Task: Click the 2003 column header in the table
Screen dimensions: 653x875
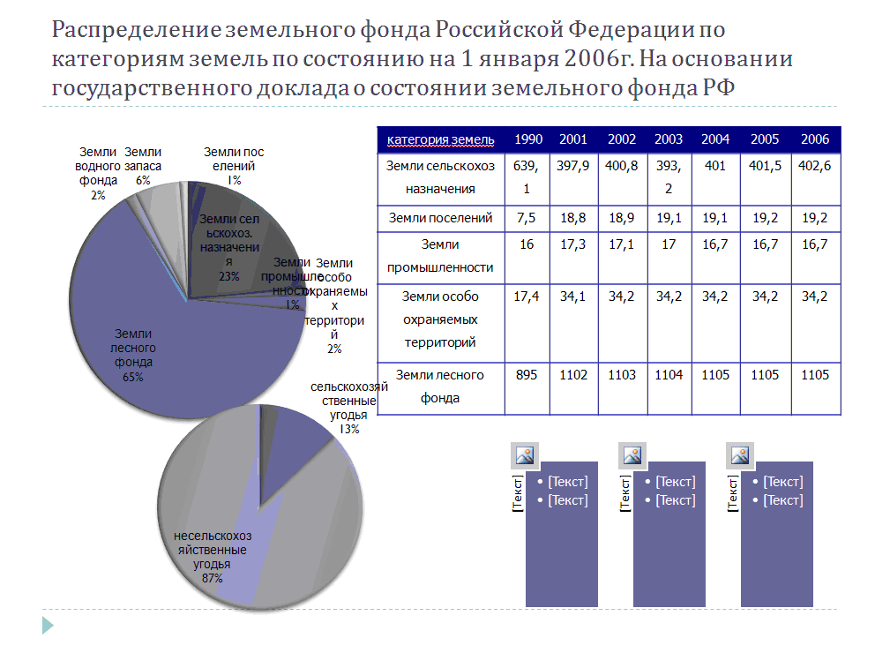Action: (x=669, y=139)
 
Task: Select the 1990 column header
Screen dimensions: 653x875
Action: (x=528, y=139)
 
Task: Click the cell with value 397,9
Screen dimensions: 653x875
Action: (x=573, y=167)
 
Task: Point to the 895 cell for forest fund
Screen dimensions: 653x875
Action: (x=527, y=375)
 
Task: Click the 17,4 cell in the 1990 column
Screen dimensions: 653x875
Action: (x=527, y=296)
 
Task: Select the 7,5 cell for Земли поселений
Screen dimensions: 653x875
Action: (x=527, y=218)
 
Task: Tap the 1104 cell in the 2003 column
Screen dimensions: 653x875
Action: (x=669, y=375)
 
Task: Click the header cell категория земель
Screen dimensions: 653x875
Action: (x=440, y=139)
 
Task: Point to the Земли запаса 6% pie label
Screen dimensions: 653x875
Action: (x=143, y=165)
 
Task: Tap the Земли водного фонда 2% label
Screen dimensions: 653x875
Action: (x=97, y=173)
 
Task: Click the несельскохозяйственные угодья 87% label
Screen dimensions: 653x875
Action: (x=213, y=557)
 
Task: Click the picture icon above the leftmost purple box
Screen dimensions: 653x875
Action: (x=526, y=455)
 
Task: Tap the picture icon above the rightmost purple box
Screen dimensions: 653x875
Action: (x=740, y=455)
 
